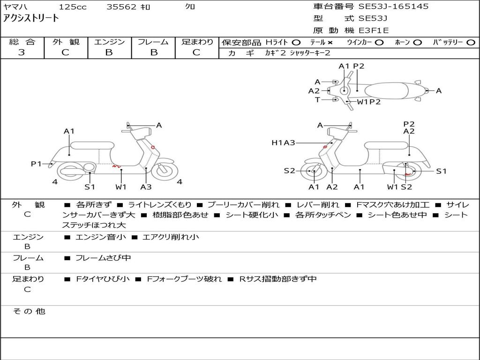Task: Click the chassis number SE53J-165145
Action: coord(393,7)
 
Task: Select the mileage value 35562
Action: coord(121,7)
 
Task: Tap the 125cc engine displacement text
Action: coord(73,7)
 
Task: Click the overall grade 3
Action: coord(22,52)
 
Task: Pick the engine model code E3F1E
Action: coord(374,30)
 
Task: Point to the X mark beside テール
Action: coord(330,43)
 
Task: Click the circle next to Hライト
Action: coord(296,43)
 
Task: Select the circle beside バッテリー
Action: coord(471,43)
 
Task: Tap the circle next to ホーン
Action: coord(418,43)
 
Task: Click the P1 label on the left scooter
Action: coord(36,164)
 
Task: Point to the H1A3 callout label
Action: coord(283,142)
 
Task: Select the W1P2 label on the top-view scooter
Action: coord(368,102)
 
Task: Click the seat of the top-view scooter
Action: coord(387,90)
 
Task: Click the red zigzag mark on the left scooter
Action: coord(116,166)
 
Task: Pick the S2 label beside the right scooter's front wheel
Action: coord(289,171)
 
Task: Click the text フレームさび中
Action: coord(103,258)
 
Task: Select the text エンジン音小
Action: coord(100,237)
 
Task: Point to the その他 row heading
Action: coord(29,311)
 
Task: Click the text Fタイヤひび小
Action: coord(103,279)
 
